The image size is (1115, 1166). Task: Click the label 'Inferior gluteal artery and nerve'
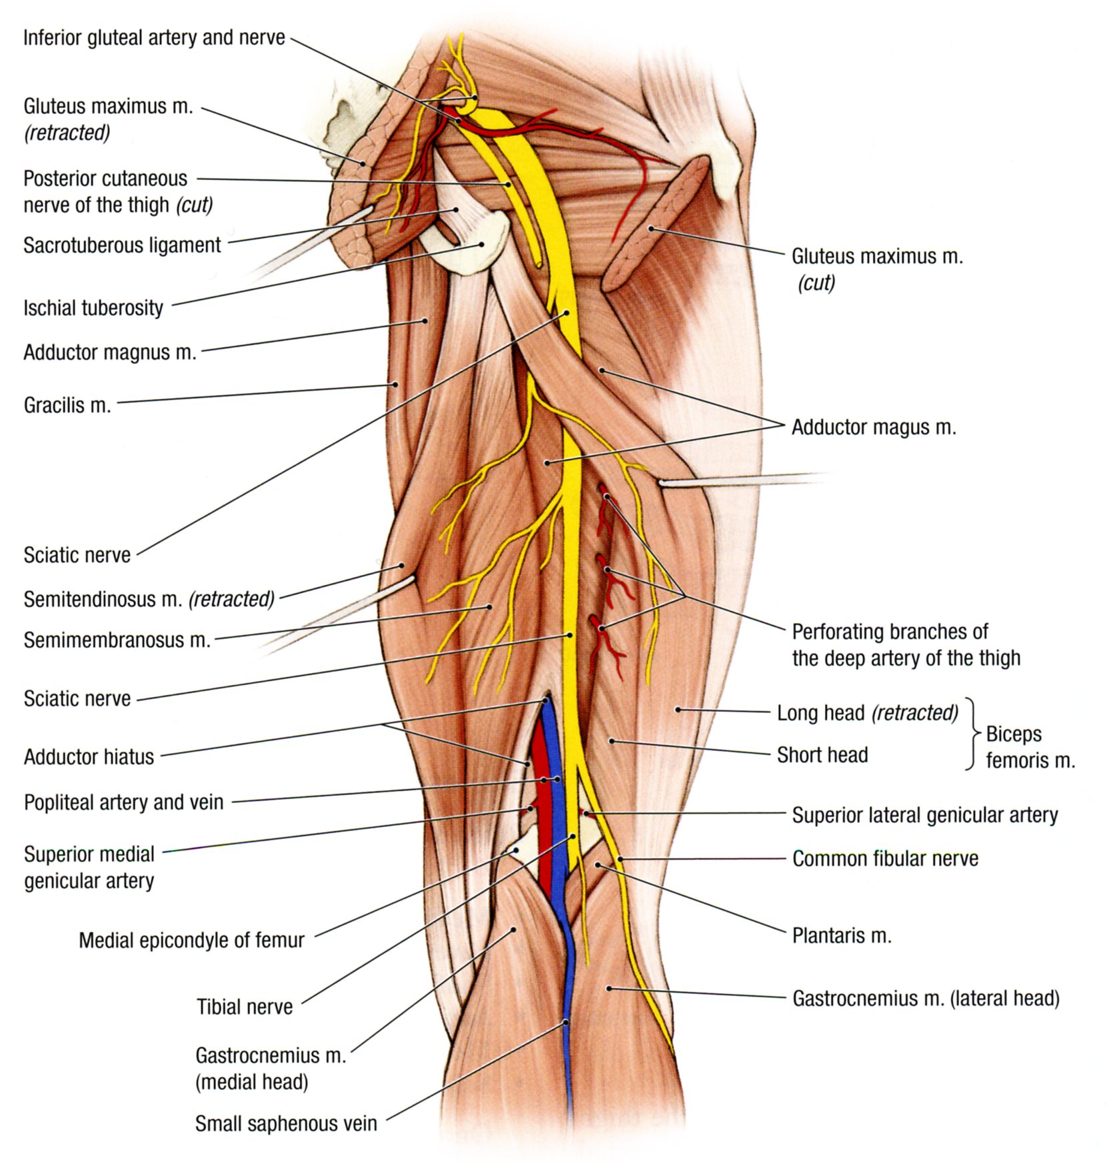click(154, 38)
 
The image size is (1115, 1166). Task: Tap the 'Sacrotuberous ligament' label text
click(122, 245)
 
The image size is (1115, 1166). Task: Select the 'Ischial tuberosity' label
click(93, 308)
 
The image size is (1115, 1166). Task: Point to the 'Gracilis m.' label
click(67, 405)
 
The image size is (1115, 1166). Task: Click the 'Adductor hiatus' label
click(89, 757)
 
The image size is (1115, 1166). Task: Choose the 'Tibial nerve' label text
click(244, 1007)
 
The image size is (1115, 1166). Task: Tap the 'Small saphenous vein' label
click(285, 1124)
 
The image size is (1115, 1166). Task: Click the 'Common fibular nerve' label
click(885, 858)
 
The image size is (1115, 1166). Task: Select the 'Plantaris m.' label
click(842, 936)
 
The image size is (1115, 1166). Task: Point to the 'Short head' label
click(822, 755)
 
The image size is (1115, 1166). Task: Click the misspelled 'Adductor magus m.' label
click(874, 427)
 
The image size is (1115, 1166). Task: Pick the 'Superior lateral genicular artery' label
click(924, 815)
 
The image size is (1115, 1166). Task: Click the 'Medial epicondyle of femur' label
click(191, 941)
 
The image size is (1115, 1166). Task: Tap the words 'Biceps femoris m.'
click(1030, 747)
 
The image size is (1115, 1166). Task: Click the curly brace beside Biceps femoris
click(973, 734)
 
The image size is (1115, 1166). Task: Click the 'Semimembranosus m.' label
click(117, 640)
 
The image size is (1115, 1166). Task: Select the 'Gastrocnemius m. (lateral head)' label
click(926, 999)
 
